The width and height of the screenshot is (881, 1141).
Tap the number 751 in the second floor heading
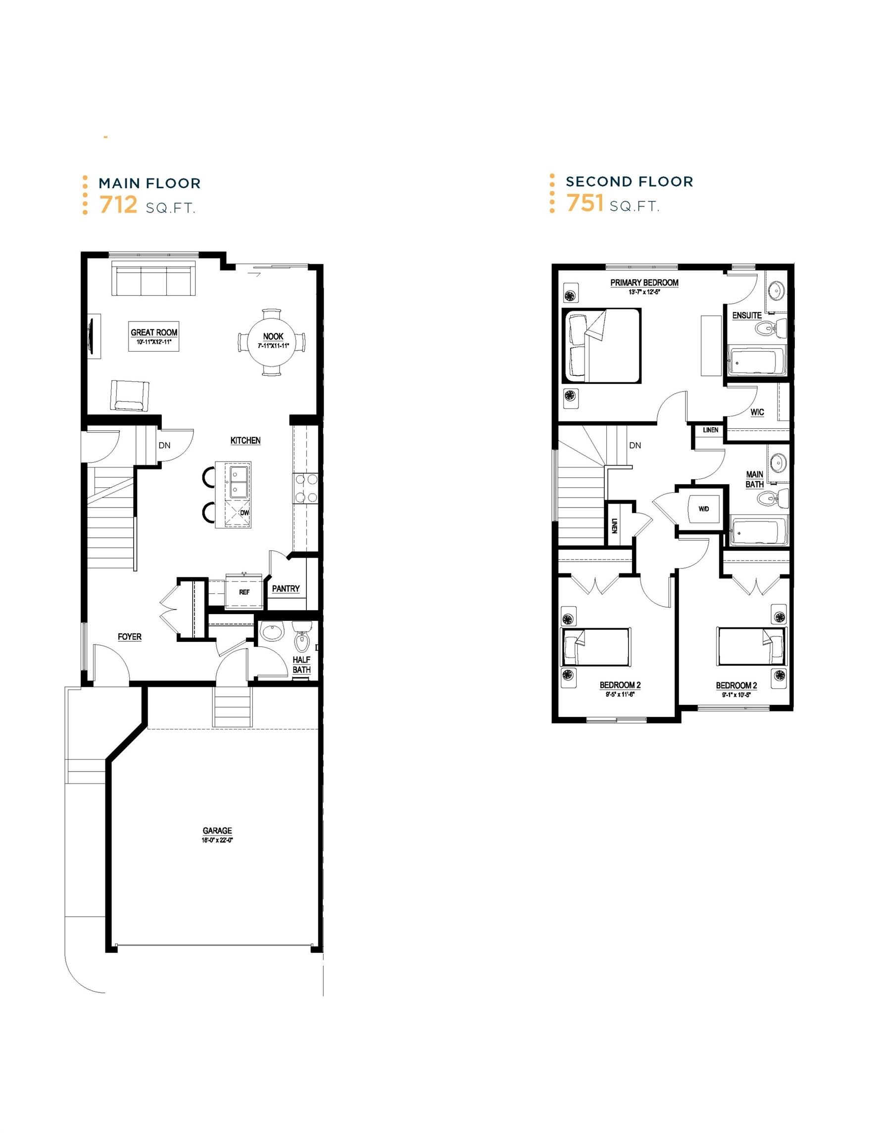click(x=585, y=203)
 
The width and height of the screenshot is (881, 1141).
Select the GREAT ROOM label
click(x=153, y=332)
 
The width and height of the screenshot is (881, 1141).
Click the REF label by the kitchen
click(x=244, y=592)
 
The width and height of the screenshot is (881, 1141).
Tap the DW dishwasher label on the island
click(x=245, y=513)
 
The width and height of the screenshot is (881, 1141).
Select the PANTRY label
click(x=286, y=589)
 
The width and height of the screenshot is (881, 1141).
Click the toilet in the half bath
click(x=302, y=639)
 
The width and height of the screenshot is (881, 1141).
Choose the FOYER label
click(x=130, y=637)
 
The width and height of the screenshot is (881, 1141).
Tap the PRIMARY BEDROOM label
click(x=644, y=283)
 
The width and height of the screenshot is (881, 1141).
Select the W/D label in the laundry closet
click(x=703, y=510)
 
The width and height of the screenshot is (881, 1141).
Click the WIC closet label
click(x=757, y=412)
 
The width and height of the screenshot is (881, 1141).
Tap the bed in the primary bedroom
click(x=600, y=345)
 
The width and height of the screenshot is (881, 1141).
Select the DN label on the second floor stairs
click(x=635, y=446)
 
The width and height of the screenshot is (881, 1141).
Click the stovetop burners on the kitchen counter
click(x=305, y=488)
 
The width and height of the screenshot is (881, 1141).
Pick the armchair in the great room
click(x=128, y=395)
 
